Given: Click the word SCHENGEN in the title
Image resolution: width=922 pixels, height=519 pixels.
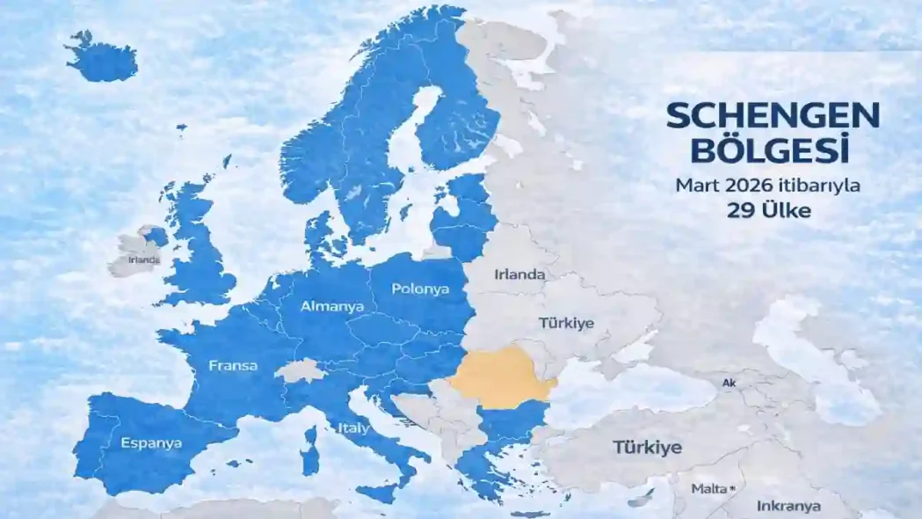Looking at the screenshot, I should point(772,116).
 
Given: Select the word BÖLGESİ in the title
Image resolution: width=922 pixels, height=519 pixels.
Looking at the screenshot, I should point(770,150).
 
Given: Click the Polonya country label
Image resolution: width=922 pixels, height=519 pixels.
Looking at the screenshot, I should point(420,289).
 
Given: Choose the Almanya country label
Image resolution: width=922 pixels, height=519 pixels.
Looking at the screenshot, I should point(326,307).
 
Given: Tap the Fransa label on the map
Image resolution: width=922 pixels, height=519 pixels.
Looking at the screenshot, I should point(233,365).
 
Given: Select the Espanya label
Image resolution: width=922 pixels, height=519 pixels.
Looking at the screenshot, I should point(151,442).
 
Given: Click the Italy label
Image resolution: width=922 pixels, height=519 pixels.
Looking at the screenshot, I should point(353,429).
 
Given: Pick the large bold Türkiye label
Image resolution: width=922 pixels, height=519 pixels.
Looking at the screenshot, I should point(647,447).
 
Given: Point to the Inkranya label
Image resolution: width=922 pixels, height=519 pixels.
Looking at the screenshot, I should point(788,506).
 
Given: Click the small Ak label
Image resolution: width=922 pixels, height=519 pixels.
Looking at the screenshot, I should point(728,383).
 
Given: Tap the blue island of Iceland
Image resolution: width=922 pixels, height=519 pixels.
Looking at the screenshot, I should point(102,59).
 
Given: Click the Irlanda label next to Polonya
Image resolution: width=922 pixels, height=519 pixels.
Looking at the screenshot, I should point(519,274).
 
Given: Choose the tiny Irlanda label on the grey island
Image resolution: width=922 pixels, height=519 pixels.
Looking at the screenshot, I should point(143,259).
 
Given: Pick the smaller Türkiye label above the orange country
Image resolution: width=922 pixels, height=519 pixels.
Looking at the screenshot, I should point(567,323).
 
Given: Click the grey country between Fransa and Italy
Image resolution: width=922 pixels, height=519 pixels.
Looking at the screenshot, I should point(300,369).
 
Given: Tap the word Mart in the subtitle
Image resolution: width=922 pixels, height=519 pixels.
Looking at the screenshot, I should point(693,186).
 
